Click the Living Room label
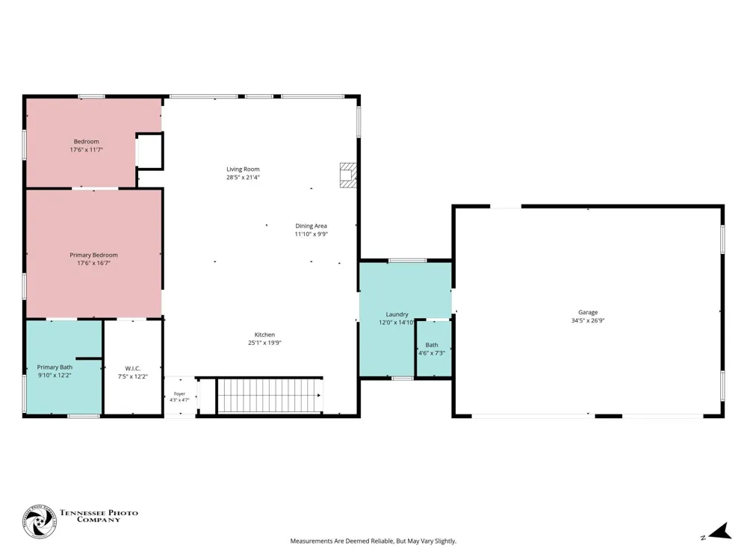(x=243, y=169)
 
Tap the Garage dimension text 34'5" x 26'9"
(x=588, y=320)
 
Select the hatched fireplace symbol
(x=348, y=175)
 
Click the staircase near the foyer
(x=270, y=395)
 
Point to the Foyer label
(x=179, y=393)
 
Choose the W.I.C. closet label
(x=133, y=368)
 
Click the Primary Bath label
(x=55, y=367)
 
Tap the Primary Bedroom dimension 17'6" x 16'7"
(x=94, y=263)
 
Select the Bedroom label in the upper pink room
(x=86, y=141)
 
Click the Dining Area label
(x=311, y=225)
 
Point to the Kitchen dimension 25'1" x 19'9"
(x=265, y=343)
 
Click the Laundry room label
(x=397, y=314)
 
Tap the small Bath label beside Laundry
(x=432, y=345)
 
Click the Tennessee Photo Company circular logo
(x=39, y=522)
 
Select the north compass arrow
(x=720, y=532)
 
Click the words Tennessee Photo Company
(x=99, y=516)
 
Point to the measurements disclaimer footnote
(x=373, y=541)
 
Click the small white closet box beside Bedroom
(x=149, y=151)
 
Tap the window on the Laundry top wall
(x=408, y=261)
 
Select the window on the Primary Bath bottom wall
(x=84, y=416)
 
